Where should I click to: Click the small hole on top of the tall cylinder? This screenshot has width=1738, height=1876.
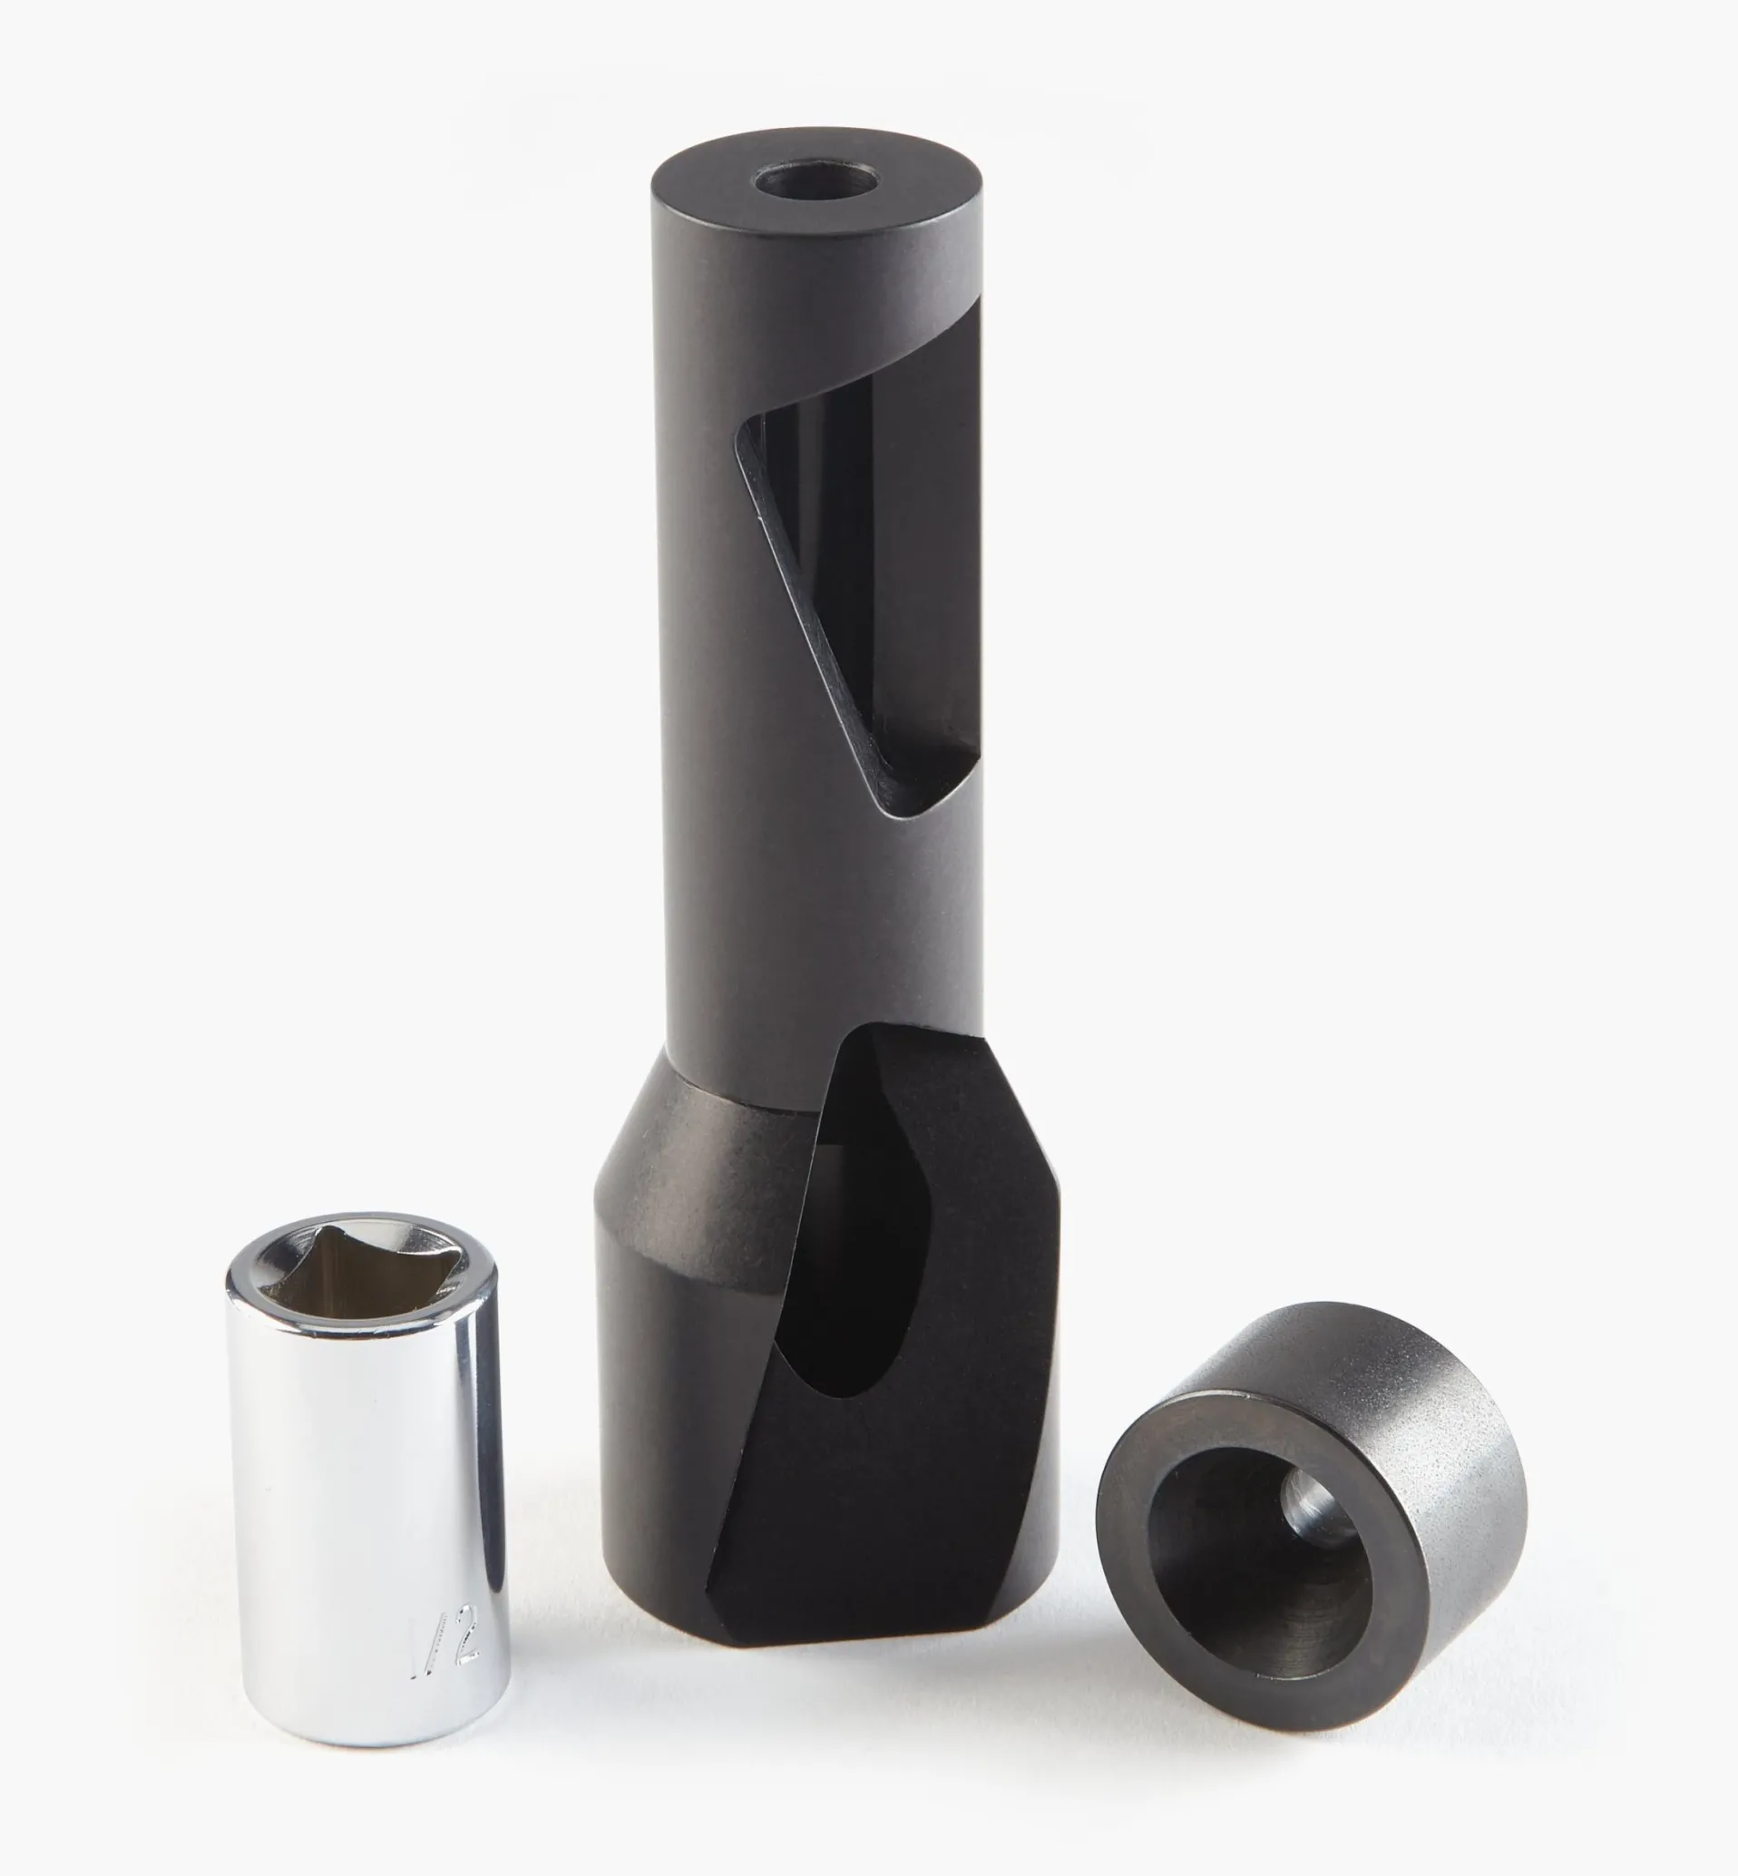[816, 179]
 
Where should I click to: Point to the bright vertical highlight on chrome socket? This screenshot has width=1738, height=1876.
[463, 1467]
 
